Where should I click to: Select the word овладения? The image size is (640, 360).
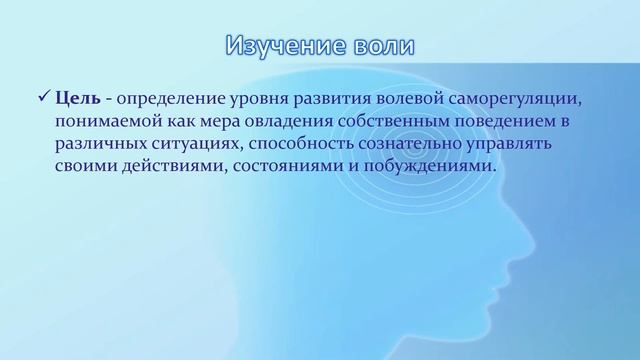coord(278,121)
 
